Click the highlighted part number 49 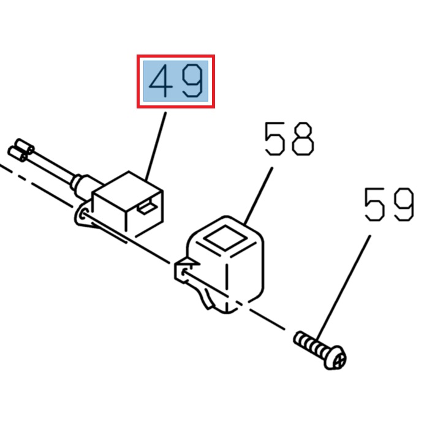176,81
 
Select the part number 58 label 289,138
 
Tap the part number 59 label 389,205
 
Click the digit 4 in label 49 161,81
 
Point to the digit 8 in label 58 303,138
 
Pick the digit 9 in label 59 404,205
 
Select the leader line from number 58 259,196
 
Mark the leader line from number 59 344,288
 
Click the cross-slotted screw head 336,358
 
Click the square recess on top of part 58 225,238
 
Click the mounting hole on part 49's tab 83,214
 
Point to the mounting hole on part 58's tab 183,273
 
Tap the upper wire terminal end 25,146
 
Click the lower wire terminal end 18,154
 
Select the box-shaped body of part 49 128,204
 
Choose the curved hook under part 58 206,298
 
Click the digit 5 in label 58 274,138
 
